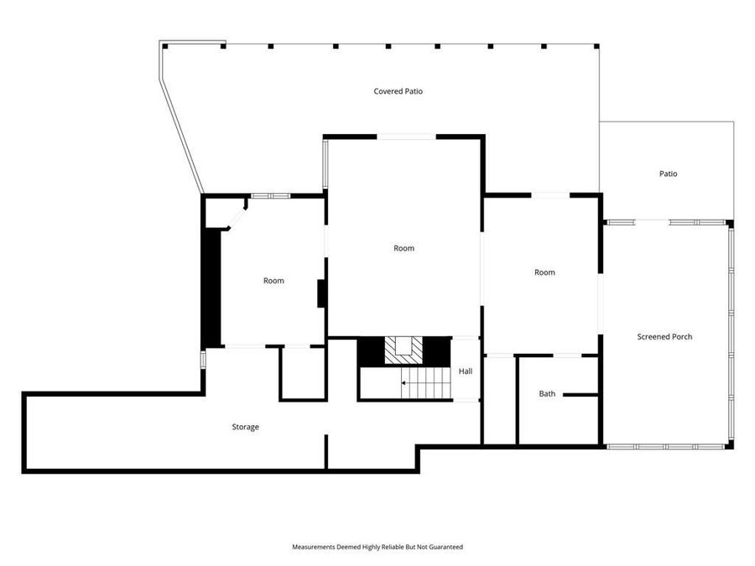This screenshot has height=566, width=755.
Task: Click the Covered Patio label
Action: coord(398,91)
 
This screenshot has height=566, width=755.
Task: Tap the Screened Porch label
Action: coord(664,337)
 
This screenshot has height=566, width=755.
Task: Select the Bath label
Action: coord(547,393)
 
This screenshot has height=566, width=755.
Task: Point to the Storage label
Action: coord(245,427)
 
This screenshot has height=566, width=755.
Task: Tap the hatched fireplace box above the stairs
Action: coord(404,350)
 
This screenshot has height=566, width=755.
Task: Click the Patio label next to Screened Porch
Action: coord(668,174)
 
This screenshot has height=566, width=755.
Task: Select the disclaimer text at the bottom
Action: coord(377,547)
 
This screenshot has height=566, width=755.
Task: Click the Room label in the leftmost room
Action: coord(273,281)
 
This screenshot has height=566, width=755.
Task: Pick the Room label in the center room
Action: coord(404,248)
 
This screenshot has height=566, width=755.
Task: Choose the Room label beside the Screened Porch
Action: coord(544,273)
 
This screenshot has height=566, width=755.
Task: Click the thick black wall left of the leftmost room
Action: coord(211,285)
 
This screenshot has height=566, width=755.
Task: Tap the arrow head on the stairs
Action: coord(404,383)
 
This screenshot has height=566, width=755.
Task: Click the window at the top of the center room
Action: coord(407,136)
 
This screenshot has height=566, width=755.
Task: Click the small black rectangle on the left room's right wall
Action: coord(320,294)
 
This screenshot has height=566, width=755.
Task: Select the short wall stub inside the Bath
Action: coord(580,394)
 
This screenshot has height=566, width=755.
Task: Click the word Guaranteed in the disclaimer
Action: coord(445,547)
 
